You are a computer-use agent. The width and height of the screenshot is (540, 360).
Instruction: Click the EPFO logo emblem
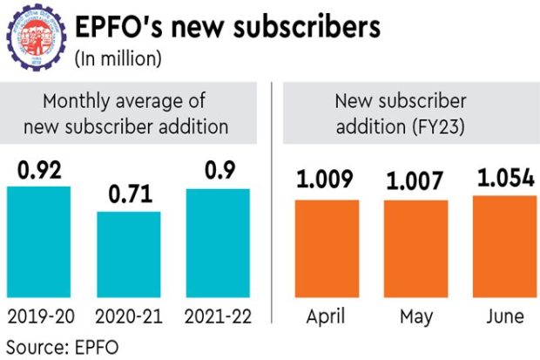[34, 39]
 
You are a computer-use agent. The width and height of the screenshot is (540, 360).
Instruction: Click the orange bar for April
[327, 248]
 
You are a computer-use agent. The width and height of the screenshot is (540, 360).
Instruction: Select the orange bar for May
[415, 248]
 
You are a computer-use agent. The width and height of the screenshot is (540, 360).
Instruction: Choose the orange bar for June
[504, 247]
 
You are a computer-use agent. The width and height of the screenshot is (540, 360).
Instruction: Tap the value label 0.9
[218, 173]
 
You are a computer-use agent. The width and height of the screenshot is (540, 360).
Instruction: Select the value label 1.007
[415, 182]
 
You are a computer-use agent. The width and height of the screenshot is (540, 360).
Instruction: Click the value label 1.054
[504, 178]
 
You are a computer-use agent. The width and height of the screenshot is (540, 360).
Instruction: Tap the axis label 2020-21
[128, 316]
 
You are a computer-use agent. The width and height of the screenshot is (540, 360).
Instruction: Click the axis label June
[504, 316]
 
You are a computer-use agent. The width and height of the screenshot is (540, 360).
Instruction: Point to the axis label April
[327, 316]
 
